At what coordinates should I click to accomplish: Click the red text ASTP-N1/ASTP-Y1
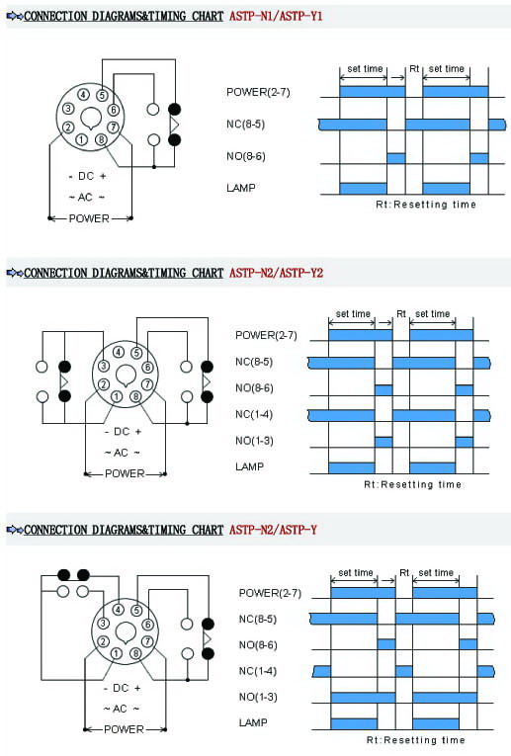[275, 16]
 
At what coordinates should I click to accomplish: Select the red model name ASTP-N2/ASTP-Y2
[276, 273]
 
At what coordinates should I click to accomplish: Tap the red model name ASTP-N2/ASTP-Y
[273, 530]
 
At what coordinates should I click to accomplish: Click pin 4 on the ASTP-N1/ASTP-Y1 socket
[84, 95]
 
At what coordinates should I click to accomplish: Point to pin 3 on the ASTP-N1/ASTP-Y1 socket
[68, 109]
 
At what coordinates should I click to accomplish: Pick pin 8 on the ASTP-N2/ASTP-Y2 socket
[136, 397]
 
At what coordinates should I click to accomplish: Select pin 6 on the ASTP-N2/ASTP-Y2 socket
[147, 368]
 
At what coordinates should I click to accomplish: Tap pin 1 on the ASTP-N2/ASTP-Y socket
[117, 653]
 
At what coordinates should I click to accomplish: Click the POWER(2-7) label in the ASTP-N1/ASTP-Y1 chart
[258, 92]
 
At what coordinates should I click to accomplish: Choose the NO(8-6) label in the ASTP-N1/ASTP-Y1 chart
[246, 156]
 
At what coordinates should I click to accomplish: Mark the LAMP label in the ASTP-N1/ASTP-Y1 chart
[240, 188]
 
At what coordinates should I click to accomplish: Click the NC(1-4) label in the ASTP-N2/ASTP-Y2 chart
[254, 414]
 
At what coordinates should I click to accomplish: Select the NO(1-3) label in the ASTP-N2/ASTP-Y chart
[258, 697]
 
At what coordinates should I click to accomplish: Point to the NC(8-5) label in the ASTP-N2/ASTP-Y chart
[258, 619]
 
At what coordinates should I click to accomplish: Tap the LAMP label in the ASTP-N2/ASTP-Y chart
[253, 722]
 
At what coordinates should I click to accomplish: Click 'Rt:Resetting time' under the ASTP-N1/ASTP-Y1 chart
[426, 205]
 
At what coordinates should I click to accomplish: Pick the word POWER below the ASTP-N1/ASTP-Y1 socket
[89, 218]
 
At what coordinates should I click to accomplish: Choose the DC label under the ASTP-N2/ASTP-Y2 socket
[122, 432]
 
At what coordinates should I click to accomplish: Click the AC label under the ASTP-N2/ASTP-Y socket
[120, 709]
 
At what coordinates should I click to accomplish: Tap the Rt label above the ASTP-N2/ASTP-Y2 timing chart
[401, 314]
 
